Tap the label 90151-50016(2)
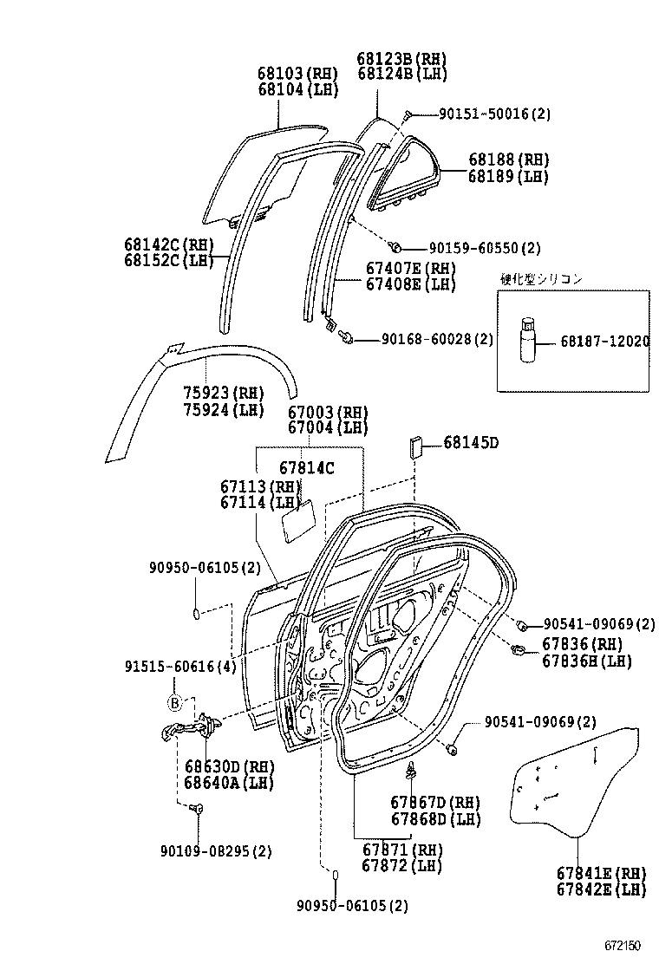tap(494, 114)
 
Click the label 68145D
tap(471, 443)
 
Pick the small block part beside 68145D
tap(414, 447)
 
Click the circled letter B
tap(173, 703)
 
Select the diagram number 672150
tap(623, 943)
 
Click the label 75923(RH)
tap(224, 392)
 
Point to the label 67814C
tap(306, 468)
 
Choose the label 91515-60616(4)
tap(179, 667)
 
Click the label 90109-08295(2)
tap(215, 851)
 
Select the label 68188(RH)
tap(509, 160)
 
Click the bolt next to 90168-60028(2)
tap(348, 336)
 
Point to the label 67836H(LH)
tap(587, 661)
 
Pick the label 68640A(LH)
tap(229, 782)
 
